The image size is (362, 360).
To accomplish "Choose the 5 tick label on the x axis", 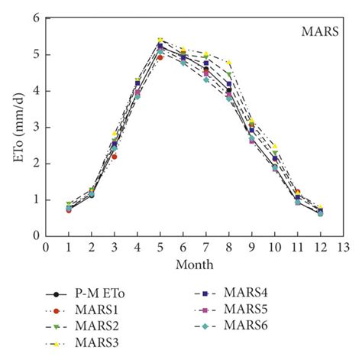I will (x=160, y=248).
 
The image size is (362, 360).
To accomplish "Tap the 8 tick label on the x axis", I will (x=228, y=248).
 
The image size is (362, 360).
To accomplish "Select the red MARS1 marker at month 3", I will (x=115, y=156).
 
